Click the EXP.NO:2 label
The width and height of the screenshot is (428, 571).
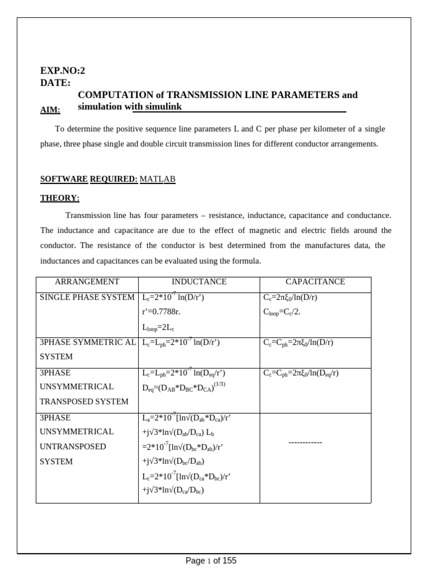coord(63,70)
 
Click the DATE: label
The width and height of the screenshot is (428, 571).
coord(55,83)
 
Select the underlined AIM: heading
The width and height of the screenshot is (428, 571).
coord(50,110)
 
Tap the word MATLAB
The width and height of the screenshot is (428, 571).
coord(157,179)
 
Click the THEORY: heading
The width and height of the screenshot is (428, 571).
coord(60,198)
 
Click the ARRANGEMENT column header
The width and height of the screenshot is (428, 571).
coord(87,282)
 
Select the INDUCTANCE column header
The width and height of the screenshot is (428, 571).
coord(199,282)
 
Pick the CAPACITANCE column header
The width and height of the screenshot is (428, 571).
coord(315,282)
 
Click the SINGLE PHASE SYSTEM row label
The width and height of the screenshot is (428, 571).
coord(87,298)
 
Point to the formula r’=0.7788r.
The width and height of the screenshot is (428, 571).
coord(166,312)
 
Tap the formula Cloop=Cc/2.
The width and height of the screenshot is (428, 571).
coord(282,312)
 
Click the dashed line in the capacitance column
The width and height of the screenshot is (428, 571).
coord(305,442)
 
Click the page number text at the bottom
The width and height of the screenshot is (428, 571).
coord(211,561)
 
